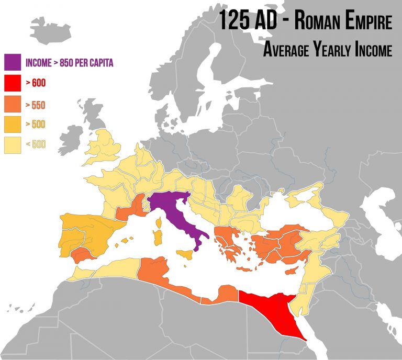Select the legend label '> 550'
click(35, 105)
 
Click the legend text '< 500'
click(35, 144)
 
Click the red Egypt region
click(270, 309)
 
